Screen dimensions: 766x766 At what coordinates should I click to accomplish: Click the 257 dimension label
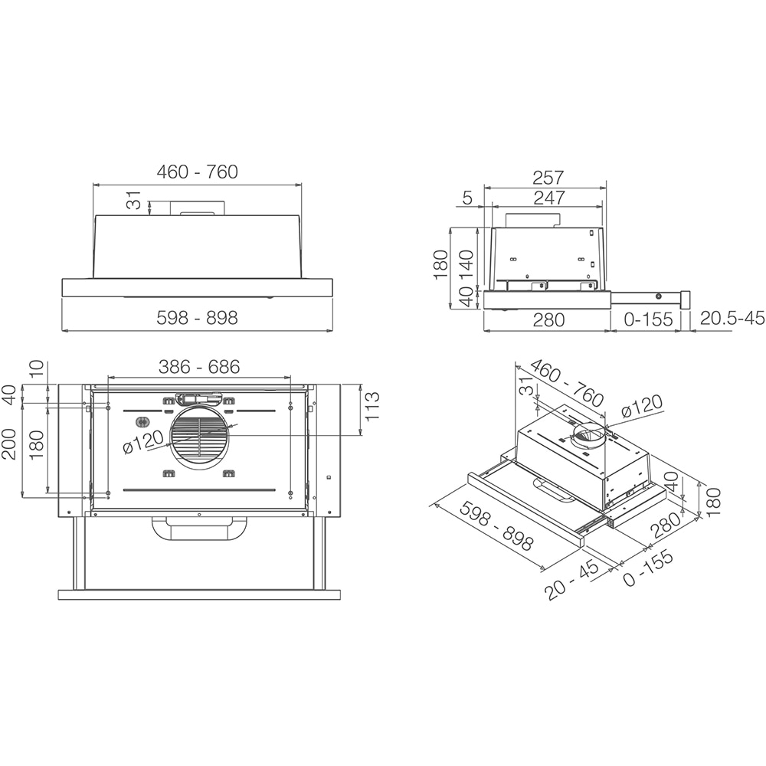coord(548,177)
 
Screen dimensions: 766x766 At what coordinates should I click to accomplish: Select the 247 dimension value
coord(548,198)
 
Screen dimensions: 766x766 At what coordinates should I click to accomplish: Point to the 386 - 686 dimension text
coord(199,367)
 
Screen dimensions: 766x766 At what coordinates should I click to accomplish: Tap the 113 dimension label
coord(372,409)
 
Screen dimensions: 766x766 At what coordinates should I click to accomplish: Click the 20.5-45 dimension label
coord(732,319)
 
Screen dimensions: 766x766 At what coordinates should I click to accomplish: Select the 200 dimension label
coord(10,444)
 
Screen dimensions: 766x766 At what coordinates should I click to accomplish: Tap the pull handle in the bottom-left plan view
coord(199,528)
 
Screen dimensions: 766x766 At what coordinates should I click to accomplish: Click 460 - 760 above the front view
coord(198,172)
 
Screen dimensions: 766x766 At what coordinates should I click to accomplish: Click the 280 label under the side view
coord(548,319)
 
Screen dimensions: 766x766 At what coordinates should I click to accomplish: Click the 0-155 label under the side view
coord(648,319)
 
